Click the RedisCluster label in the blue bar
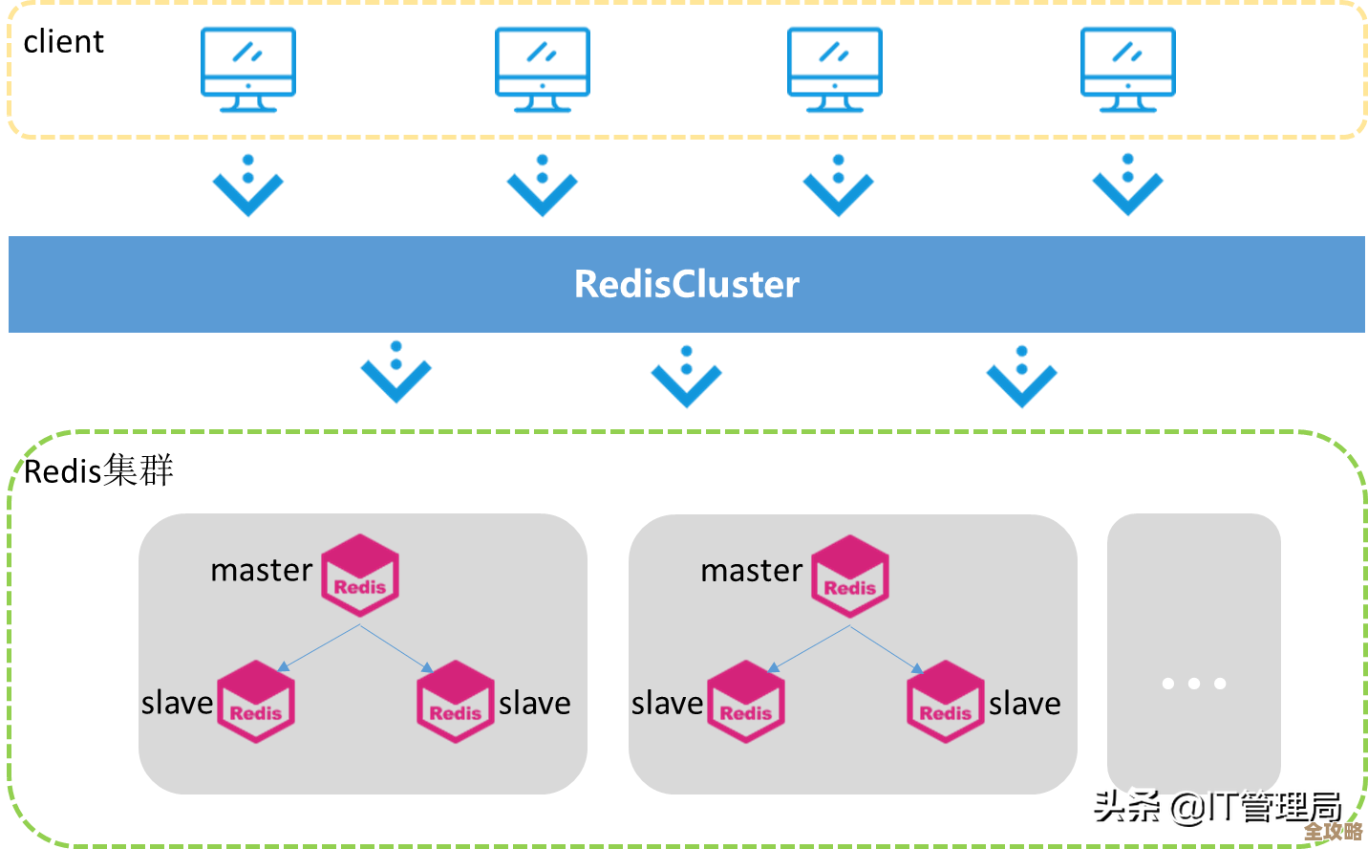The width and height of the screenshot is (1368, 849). [686, 284]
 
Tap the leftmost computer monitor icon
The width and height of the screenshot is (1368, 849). [248, 68]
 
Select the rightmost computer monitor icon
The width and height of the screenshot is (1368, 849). [1128, 68]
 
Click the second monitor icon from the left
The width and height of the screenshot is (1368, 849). [543, 68]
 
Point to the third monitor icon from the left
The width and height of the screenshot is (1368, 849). [835, 68]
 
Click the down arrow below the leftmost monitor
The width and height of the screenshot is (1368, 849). [248, 185]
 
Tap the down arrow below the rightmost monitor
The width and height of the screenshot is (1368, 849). [1128, 185]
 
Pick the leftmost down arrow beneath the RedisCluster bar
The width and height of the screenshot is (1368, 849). [396, 373]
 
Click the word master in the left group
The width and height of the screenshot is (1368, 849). [261, 571]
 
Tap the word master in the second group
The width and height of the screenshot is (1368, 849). [751, 571]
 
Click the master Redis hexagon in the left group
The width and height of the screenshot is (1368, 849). [360, 575]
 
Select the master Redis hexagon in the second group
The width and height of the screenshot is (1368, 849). [850, 575]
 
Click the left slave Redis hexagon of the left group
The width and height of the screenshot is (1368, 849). [256, 702]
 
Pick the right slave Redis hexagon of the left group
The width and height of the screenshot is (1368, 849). [456, 702]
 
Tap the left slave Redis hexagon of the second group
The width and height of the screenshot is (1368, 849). [746, 702]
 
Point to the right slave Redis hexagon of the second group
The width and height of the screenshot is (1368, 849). [946, 702]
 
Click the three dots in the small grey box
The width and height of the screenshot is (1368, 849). [1194, 684]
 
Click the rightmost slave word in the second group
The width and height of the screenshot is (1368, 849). [1024, 704]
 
